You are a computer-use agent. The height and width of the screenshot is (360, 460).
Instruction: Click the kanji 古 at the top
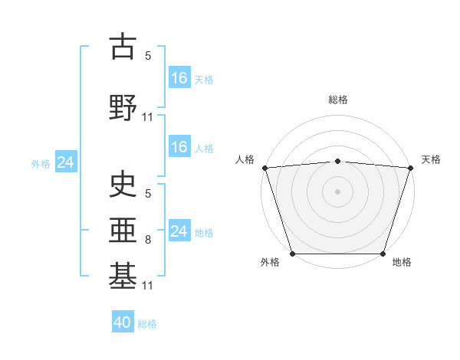click(123, 47)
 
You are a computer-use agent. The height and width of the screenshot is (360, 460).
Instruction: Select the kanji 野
click(123, 107)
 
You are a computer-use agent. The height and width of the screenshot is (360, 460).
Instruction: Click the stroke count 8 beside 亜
click(148, 240)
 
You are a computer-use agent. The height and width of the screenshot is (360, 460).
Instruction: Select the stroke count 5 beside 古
click(148, 56)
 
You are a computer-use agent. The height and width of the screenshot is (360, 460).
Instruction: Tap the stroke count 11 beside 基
click(148, 286)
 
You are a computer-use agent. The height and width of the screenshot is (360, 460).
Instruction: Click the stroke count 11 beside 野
click(148, 117)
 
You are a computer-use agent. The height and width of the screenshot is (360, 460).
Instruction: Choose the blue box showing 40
click(123, 322)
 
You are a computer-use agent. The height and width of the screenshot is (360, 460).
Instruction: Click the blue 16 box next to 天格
click(179, 78)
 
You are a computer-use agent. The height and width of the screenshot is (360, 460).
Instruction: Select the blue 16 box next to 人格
click(179, 147)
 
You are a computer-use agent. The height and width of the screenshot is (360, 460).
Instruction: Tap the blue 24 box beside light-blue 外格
click(64, 162)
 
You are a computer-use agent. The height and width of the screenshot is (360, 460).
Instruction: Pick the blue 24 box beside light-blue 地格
click(179, 231)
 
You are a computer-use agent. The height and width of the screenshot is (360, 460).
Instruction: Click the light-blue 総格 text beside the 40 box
click(147, 324)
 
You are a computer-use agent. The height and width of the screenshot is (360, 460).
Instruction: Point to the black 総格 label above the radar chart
click(337, 100)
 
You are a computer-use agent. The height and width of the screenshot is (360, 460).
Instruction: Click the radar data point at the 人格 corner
click(264, 168)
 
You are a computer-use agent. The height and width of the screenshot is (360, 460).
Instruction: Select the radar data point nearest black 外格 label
click(292, 254)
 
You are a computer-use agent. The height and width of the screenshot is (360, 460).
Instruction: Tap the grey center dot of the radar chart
click(337, 191)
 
